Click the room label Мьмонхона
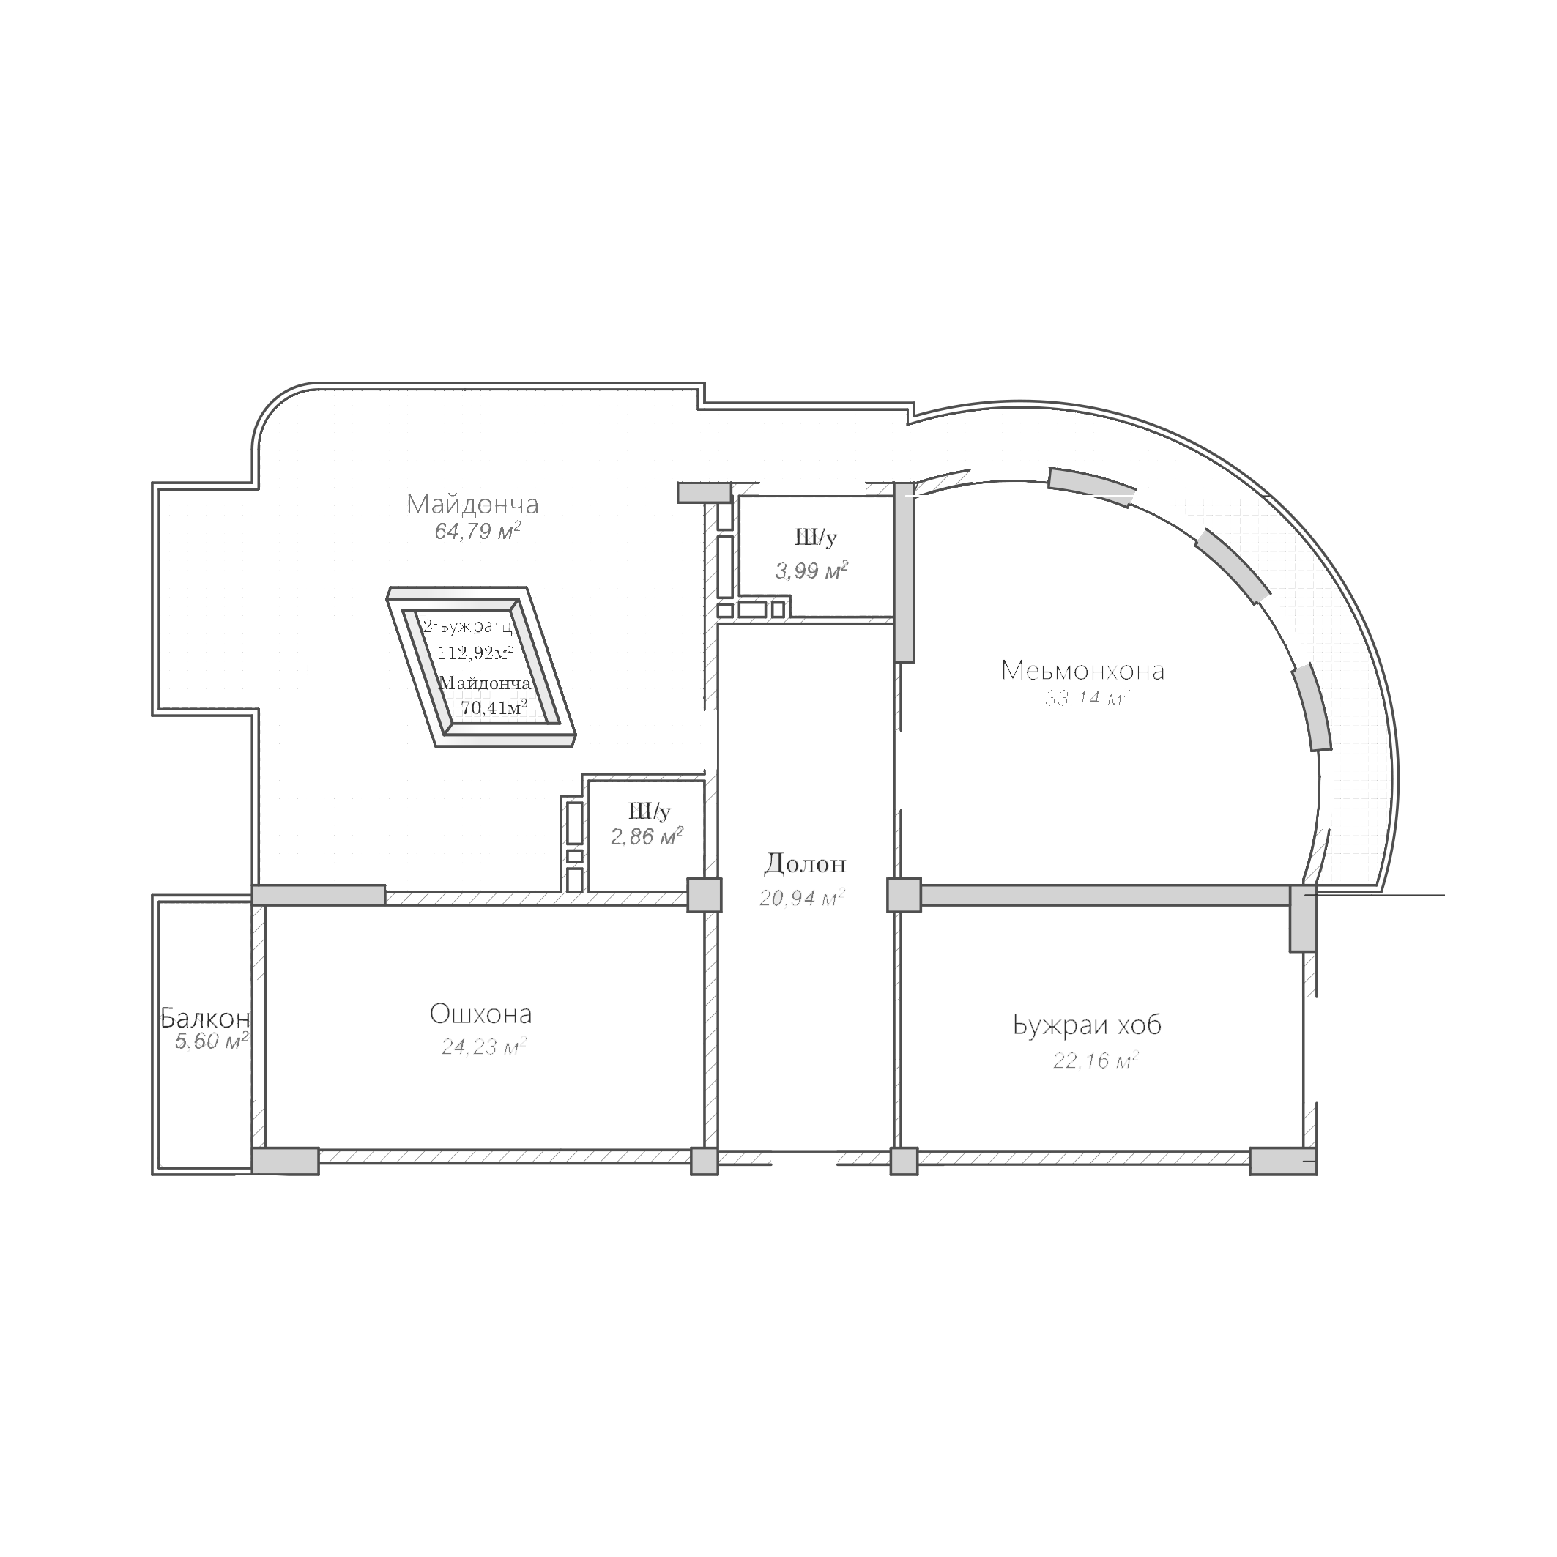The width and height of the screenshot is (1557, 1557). (x=1082, y=671)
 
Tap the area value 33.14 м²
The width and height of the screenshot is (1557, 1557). (x=1086, y=699)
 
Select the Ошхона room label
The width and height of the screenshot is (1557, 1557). (x=480, y=1014)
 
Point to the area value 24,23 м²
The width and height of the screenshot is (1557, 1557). (x=483, y=1046)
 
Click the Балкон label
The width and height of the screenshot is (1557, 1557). (x=205, y=1018)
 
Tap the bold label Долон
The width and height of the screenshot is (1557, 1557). (x=805, y=864)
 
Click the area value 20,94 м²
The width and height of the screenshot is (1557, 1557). (x=802, y=897)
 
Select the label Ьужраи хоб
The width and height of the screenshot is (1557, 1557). (x=1087, y=1026)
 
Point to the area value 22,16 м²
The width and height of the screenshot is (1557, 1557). (x=1095, y=1060)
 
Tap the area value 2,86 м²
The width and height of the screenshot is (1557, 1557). (x=647, y=836)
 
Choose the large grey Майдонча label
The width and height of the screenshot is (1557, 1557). (x=472, y=505)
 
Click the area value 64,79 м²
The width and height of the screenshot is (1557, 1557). (x=477, y=531)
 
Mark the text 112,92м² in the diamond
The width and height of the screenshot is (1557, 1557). (x=475, y=652)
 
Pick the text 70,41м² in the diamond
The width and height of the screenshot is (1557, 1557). (x=493, y=707)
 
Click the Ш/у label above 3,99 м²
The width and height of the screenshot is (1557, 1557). (x=816, y=537)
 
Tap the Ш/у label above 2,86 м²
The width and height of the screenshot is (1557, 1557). (x=650, y=811)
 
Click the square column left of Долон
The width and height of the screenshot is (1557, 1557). (x=705, y=894)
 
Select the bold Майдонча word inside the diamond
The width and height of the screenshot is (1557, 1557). (x=485, y=683)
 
